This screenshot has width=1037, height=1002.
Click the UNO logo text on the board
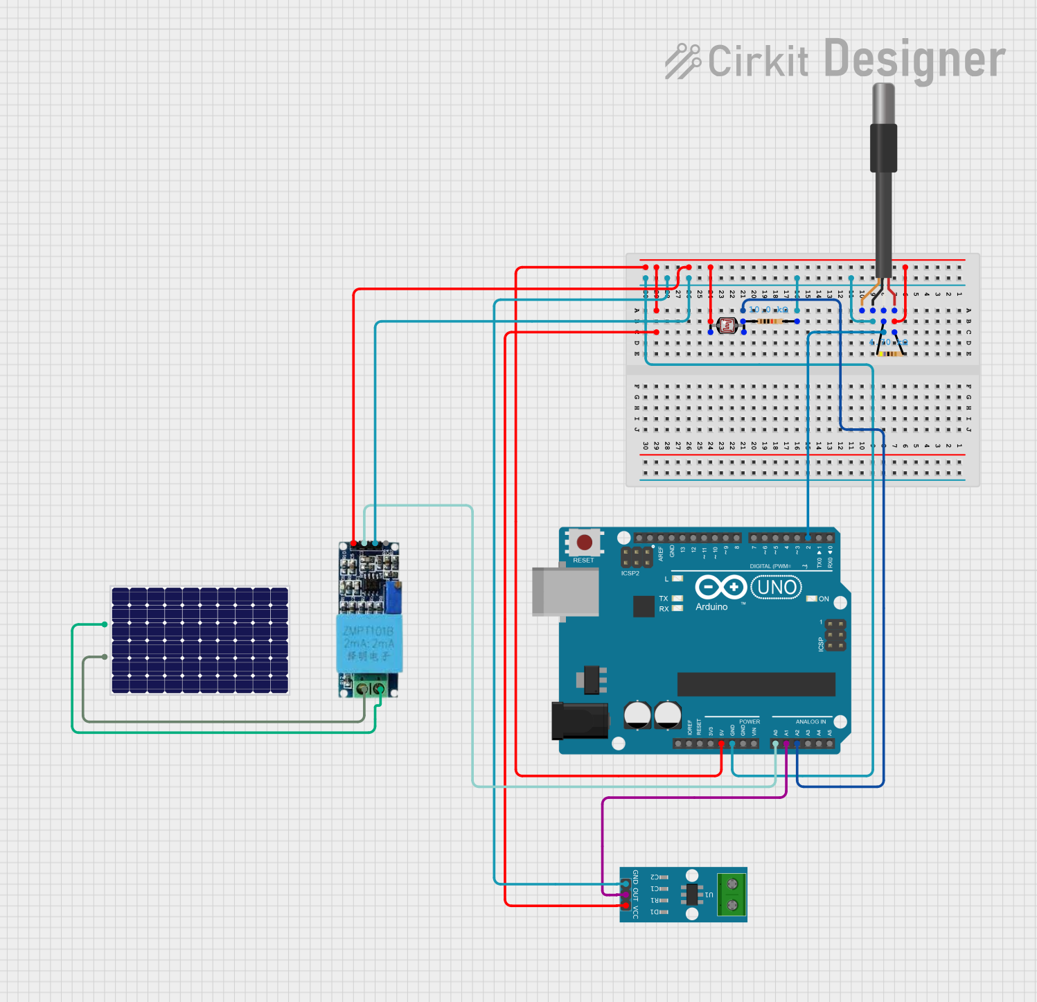tap(777, 588)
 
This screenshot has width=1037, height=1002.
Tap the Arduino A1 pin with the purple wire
tap(786, 744)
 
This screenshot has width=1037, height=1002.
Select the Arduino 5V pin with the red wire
tap(722, 744)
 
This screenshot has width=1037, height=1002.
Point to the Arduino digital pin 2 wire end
tap(808, 538)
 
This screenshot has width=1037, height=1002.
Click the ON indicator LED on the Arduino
tap(812, 599)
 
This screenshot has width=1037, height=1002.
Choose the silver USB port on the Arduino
tap(565, 591)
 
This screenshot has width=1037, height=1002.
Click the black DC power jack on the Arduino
tap(579, 721)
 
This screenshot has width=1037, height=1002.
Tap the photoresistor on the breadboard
tap(727, 325)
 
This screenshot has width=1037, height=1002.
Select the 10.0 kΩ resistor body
tap(770, 322)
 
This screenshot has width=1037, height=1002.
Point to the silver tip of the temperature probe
tap(883, 104)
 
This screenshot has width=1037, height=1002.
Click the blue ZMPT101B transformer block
tap(369, 643)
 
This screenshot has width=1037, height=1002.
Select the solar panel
tap(200, 640)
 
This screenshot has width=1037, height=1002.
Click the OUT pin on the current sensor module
tap(626, 895)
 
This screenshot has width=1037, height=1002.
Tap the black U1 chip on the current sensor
tap(691, 895)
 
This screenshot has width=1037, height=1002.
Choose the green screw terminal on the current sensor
tap(732, 895)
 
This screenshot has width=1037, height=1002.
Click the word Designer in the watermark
tap(914, 60)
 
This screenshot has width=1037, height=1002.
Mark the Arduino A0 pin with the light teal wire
tap(776, 744)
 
